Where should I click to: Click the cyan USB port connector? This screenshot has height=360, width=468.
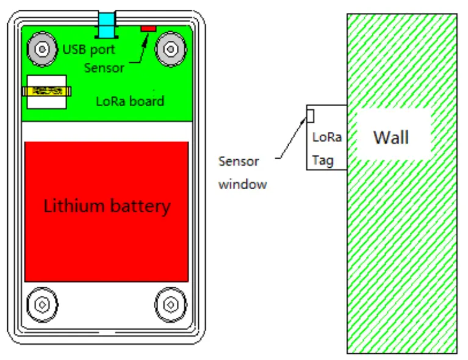107,25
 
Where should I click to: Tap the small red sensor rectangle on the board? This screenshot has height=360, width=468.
148,29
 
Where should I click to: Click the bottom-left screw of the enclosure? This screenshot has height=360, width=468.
42,303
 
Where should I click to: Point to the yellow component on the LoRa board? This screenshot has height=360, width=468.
46,92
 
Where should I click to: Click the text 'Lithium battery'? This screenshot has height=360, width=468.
107,206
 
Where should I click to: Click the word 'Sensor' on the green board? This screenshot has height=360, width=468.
104,67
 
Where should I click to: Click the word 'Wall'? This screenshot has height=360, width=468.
391,137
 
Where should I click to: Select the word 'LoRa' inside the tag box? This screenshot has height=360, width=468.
326,138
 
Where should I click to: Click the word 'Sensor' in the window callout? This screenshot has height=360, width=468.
239,162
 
